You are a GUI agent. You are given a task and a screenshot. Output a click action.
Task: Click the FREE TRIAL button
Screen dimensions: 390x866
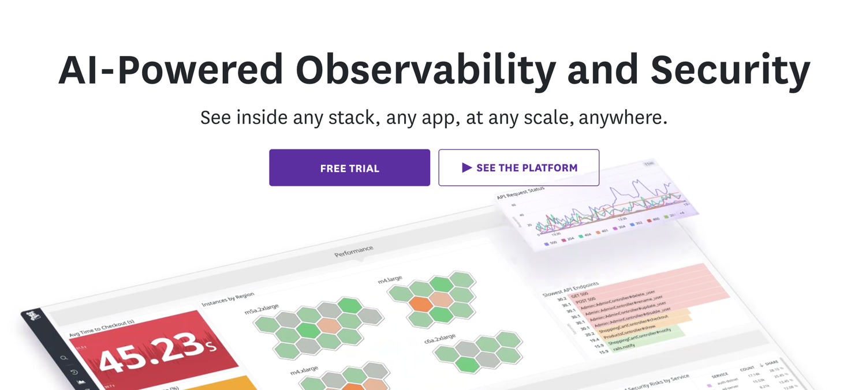(x=349, y=168)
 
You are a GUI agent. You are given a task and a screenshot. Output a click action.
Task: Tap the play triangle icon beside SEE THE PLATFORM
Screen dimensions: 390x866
(x=466, y=168)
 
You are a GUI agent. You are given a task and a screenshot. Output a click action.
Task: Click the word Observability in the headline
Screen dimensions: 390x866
(x=425, y=70)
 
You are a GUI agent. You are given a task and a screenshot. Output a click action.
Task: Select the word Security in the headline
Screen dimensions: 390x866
(x=730, y=70)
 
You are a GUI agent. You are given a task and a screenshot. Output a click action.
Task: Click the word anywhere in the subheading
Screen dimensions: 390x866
(x=622, y=118)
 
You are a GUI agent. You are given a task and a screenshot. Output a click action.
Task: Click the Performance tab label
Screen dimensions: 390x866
(x=353, y=251)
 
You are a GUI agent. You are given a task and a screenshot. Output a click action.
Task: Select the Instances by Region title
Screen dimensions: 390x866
(x=227, y=299)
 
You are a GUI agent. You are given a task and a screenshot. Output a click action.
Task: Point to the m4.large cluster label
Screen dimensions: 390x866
(x=390, y=279)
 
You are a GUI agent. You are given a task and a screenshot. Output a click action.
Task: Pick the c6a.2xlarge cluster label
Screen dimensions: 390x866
(x=440, y=339)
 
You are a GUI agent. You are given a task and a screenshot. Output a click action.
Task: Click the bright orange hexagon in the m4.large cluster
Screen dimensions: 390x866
(x=421, y=304)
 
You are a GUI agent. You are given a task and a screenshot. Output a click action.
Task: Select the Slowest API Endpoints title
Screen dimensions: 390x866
(x=570, y=289)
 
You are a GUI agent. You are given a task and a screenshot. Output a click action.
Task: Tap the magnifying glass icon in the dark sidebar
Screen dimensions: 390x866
(x=64, y=358)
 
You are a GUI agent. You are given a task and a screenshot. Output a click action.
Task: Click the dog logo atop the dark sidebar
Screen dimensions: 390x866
(x=34, y=316)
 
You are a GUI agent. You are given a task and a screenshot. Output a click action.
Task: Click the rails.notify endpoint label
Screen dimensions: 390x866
(x=624, y=346)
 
